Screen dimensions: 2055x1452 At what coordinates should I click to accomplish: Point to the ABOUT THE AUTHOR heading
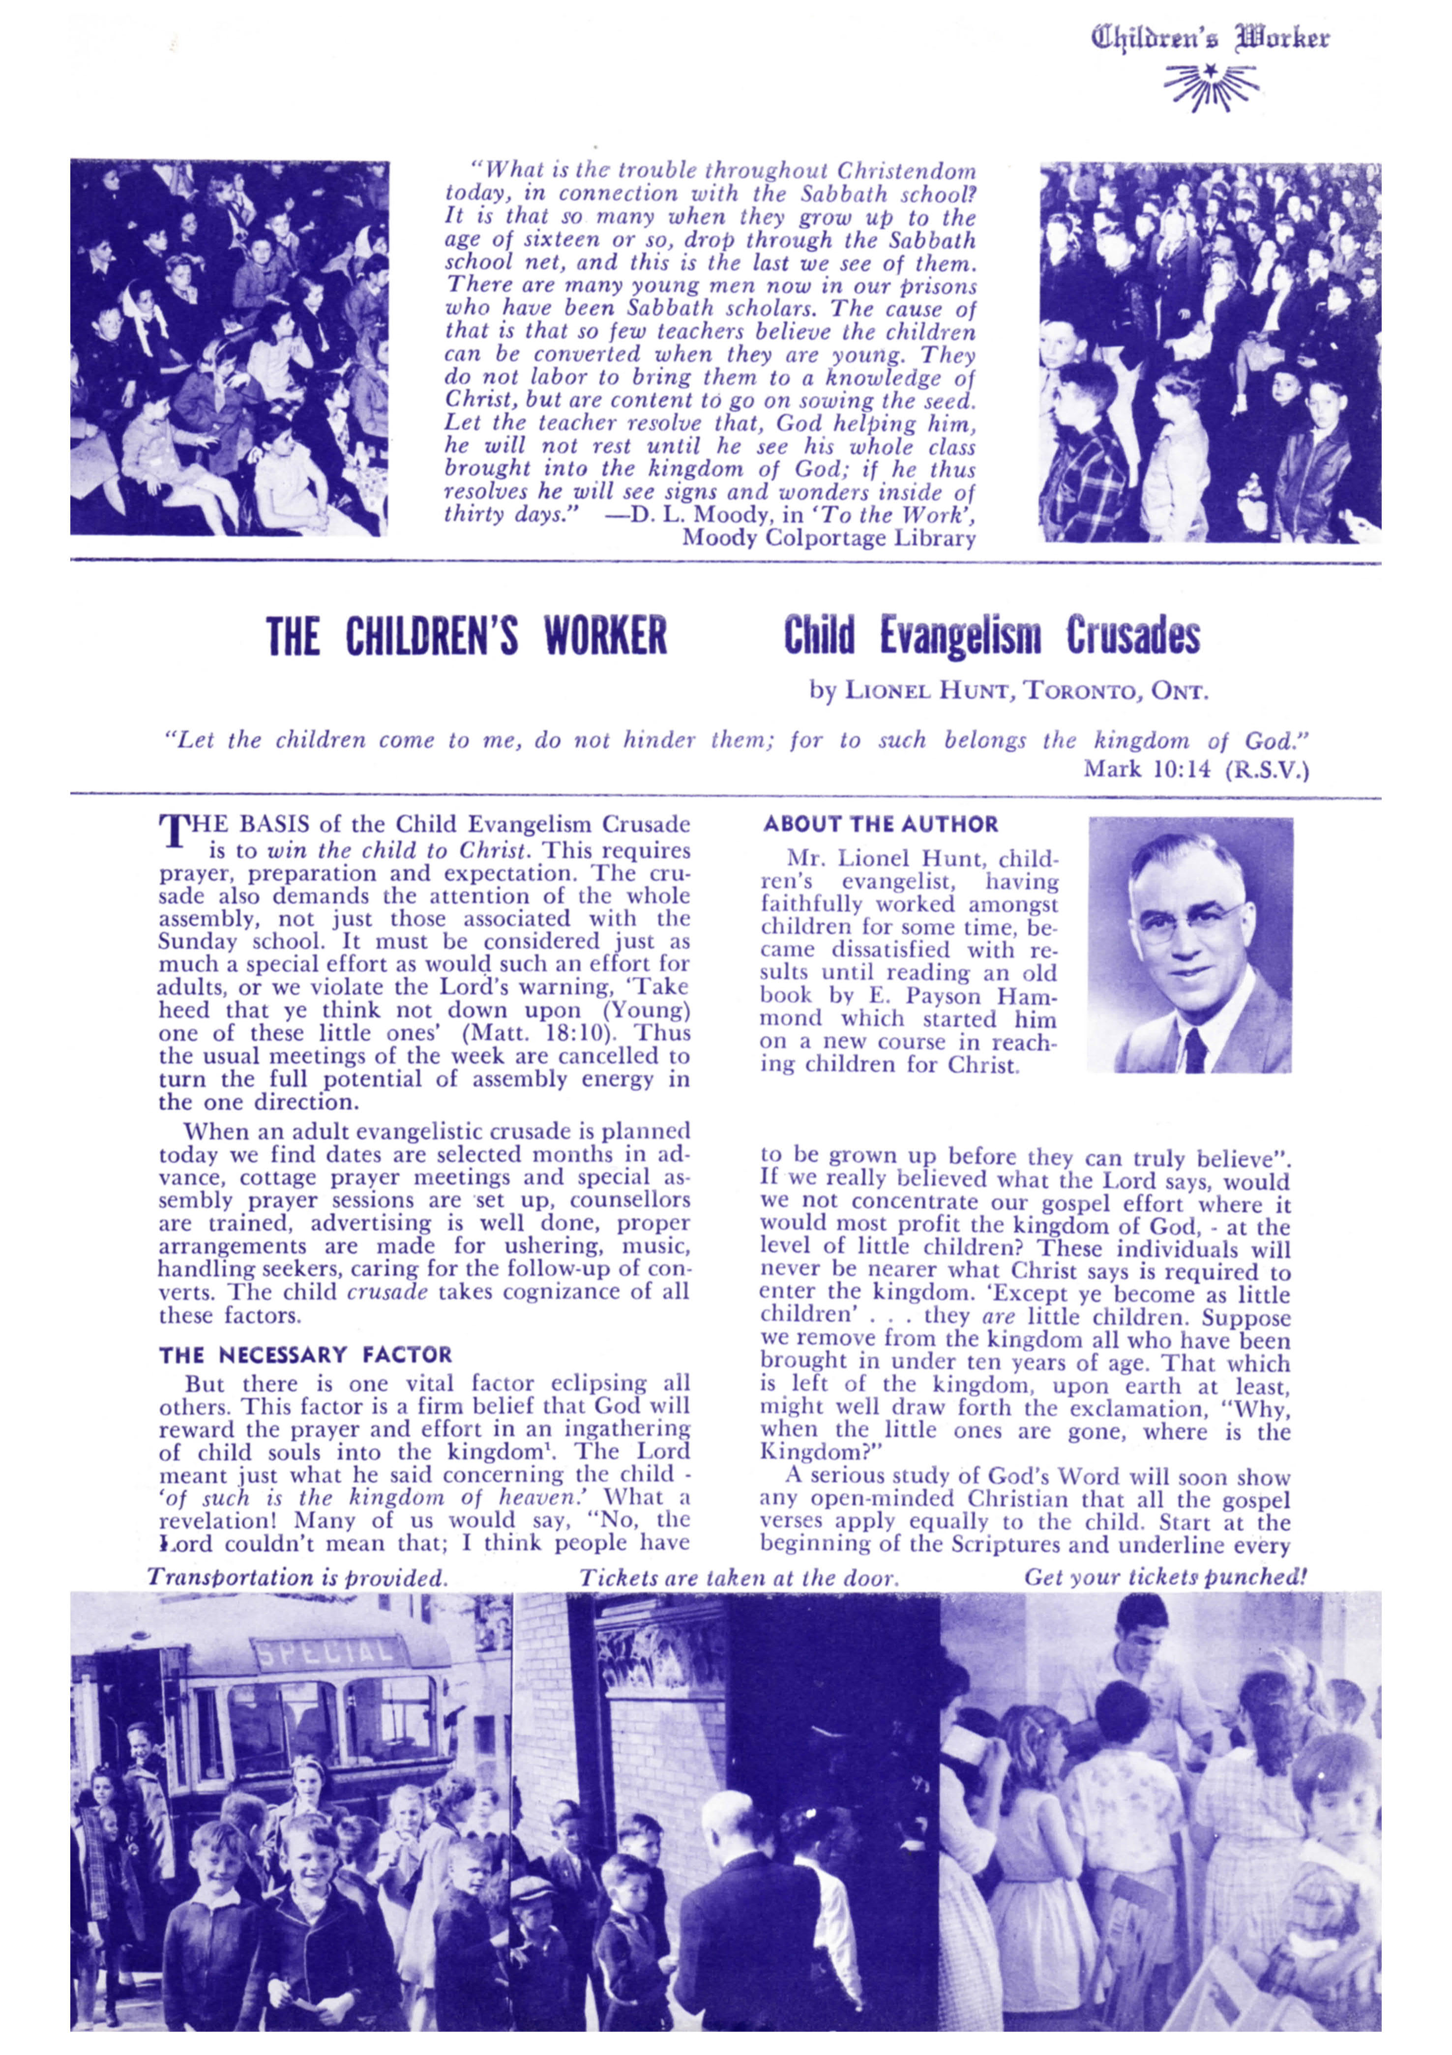click(x=880, y=824)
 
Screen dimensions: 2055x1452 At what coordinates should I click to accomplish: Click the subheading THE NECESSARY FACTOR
click(x=305, y=1355)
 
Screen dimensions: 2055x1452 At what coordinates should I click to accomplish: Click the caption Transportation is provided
click(x=297, y=1578)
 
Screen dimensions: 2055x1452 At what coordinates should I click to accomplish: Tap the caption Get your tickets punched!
click(x=1165, y=1577)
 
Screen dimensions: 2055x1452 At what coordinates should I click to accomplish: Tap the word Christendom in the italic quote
click(x=906, y=170)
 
